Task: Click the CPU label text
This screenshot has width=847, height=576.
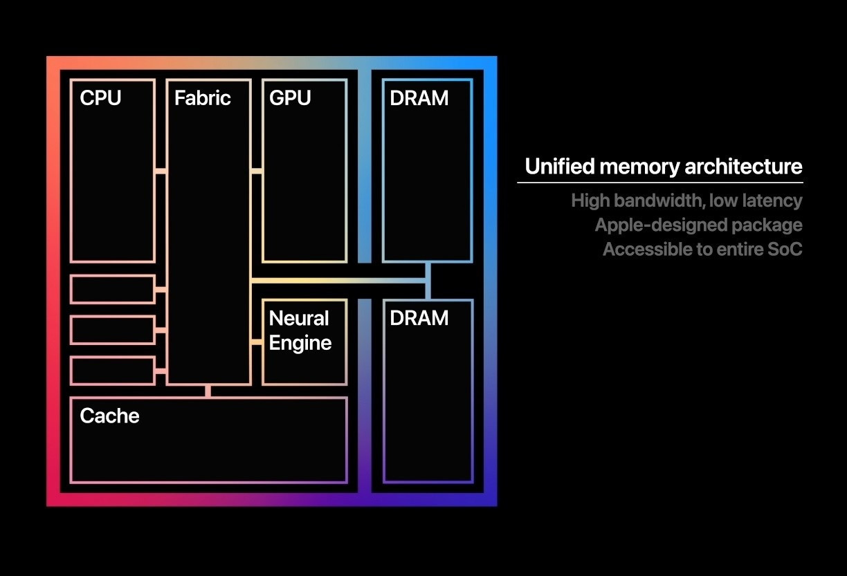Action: coord(100,98)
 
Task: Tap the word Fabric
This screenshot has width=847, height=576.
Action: coord(202,98)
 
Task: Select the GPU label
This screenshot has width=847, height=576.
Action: coord(290,98)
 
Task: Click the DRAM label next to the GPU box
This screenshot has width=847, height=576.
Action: coord(419,98)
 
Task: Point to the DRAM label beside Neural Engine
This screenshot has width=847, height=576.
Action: coord(419,318)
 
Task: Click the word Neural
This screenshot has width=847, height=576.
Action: coord(299,319)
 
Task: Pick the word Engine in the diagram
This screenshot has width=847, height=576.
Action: coord(300,343)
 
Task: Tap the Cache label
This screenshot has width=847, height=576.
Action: coord(109,416)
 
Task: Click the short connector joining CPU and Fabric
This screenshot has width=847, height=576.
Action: coord(161,171)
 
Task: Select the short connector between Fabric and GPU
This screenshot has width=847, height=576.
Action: coord(256,171)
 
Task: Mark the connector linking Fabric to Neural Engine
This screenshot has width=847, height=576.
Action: coord(256,342)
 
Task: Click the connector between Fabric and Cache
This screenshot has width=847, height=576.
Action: coord(208,391)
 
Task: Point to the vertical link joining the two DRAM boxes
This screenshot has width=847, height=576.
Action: coord(428,281)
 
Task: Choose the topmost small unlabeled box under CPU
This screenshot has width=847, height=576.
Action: coord(112,289)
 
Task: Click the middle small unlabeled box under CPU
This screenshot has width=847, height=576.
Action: coord(112,330)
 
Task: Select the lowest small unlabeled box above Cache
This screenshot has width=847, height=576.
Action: coord(112,371)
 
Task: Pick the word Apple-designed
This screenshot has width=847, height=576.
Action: coord(653,225)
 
